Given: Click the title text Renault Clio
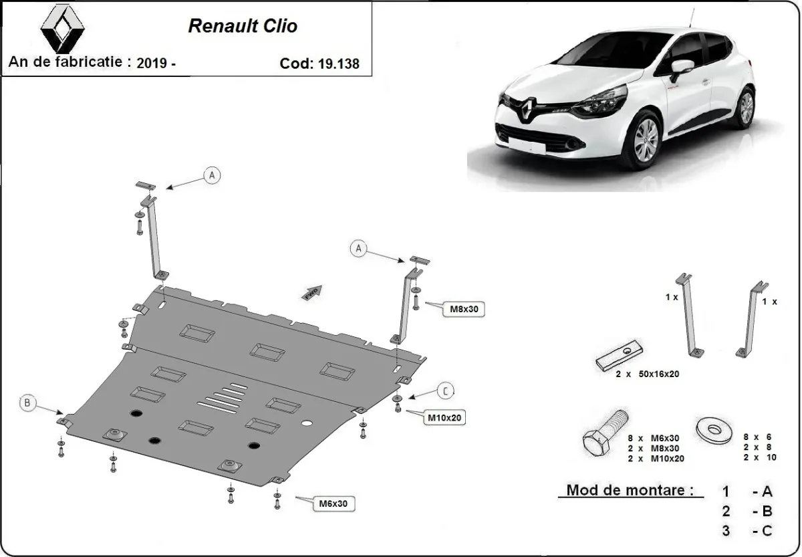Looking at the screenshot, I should (243, 26).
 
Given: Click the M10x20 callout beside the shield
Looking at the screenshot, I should (445, 418).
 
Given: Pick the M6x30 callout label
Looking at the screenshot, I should (335, 502).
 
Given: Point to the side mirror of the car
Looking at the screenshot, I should (681, 68).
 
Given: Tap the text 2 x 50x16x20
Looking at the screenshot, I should (647, 374).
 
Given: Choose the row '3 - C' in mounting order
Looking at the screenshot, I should (747, 531).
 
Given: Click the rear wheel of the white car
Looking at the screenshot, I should (746, 106).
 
